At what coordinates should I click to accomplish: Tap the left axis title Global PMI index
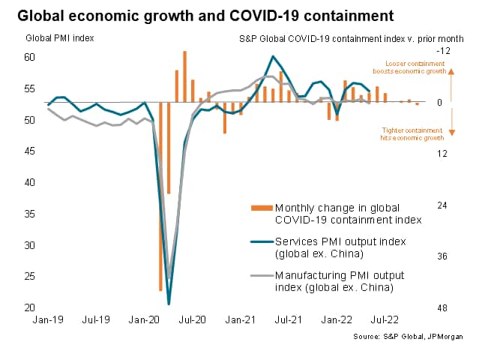coord(55,37)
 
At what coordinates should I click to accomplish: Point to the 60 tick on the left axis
coord(30,57)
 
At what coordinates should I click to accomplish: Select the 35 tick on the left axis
coord(30,214)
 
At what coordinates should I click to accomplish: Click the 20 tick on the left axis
coord(30,307)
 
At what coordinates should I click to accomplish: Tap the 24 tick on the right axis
coord(442,205)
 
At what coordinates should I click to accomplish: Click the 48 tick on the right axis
coord(442,307)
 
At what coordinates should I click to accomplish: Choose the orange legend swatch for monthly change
coord(261,207)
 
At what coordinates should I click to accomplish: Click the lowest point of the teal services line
coord(169,304)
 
